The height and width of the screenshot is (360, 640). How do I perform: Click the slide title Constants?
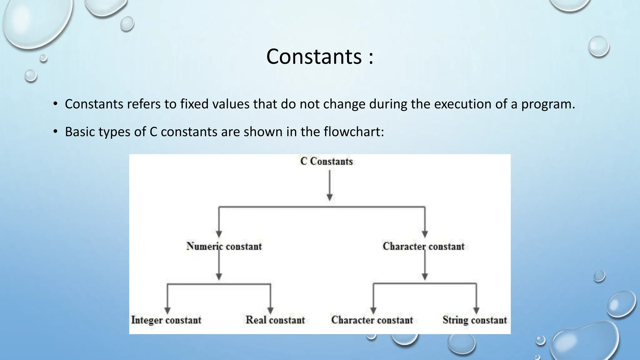(x=314, y=57)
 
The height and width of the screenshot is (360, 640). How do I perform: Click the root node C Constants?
(x=326, y=161)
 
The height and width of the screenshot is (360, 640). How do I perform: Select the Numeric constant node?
(x=224, y=246)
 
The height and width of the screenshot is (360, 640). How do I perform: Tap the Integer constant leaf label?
(x=166, y=320)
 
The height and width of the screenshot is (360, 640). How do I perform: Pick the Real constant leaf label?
(x=275, y=320)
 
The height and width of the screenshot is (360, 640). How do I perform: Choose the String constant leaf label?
(x=474, y=320)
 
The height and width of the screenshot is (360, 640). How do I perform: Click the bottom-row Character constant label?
(x=372, y=320)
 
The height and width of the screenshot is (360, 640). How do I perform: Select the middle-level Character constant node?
(x=423, y=246)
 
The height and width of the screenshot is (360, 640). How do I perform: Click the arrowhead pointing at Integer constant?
(x=167, y=311)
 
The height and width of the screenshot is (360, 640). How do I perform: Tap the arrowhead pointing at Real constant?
(x=270, y=311)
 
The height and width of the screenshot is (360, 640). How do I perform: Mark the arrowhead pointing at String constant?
(x=476, y=311)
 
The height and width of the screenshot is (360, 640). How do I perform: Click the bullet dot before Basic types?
(x=55, y=132)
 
